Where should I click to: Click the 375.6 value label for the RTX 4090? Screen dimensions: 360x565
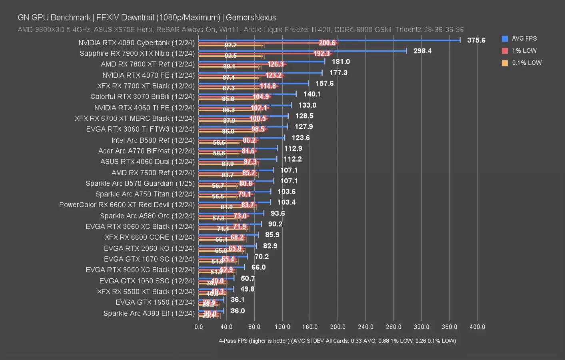click(476, 40)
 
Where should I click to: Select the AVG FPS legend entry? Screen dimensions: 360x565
click(524, 39)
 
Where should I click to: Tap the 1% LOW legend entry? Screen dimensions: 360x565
click(524, 51)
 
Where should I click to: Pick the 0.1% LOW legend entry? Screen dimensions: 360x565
click(526, 63)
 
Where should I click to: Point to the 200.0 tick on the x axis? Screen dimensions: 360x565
click(338, 327)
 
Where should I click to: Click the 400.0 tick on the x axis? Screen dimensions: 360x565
click(477, 327)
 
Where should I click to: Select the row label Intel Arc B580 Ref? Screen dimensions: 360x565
click(153, 140)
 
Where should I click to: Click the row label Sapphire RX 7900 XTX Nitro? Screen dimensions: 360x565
click(137, 54)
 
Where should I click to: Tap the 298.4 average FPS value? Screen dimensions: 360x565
click(422, 51)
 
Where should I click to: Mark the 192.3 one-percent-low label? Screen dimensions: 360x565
click(322, 54)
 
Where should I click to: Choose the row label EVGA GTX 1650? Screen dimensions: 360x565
click(155, 302)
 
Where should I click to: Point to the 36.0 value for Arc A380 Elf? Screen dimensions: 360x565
click(238, 311)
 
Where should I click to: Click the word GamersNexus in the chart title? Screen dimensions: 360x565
click(251, 18)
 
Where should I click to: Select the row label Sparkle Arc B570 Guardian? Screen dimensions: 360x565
click(140, 184)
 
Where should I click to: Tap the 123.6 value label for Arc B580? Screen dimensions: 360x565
click(301, 138)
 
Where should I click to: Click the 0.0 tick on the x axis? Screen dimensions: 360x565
click(199, 327)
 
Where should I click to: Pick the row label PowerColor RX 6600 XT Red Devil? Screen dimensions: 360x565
click(127, 205)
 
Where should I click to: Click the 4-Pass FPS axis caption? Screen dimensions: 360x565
click(337, 341)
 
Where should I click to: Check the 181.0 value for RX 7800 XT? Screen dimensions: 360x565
click(341, 62)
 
